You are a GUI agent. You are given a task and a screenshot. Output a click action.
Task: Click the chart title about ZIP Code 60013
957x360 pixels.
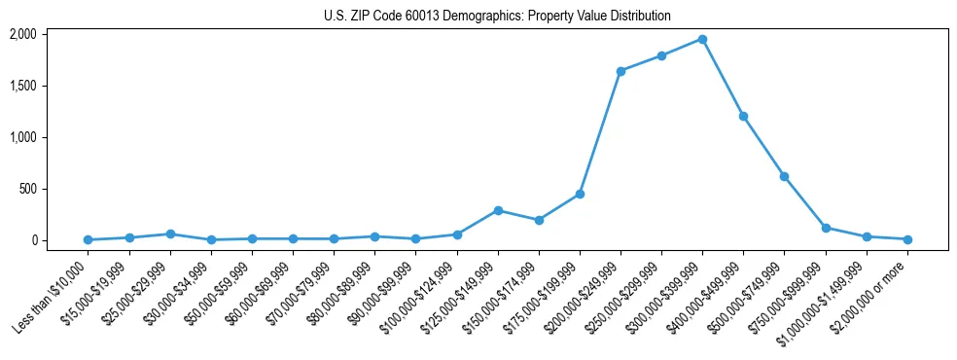[x=497, y=17]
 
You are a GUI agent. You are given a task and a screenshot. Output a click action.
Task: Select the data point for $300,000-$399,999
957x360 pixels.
[x=702, y=39]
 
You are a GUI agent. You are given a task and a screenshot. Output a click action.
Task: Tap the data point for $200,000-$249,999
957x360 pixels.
[x=620, y=71]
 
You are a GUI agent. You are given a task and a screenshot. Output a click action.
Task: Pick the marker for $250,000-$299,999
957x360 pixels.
[x=661, y=55]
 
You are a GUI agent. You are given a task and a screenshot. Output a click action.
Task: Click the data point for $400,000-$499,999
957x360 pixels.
[x=743, y=116]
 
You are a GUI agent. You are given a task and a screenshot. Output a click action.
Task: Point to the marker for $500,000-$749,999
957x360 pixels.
[x=784, y=176]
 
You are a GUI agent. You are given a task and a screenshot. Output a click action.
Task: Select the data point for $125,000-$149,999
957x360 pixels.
[x=498, y=210]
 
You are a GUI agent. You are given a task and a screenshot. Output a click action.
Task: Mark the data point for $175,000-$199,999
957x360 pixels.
[x=580, y=194]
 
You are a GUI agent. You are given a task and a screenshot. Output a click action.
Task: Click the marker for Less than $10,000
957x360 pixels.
[x=88, y=239]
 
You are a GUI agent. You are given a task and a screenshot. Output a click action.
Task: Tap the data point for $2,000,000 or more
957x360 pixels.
[x=907, y=239]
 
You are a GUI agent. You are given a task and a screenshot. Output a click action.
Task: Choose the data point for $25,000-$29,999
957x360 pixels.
[x=170, y=234]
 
